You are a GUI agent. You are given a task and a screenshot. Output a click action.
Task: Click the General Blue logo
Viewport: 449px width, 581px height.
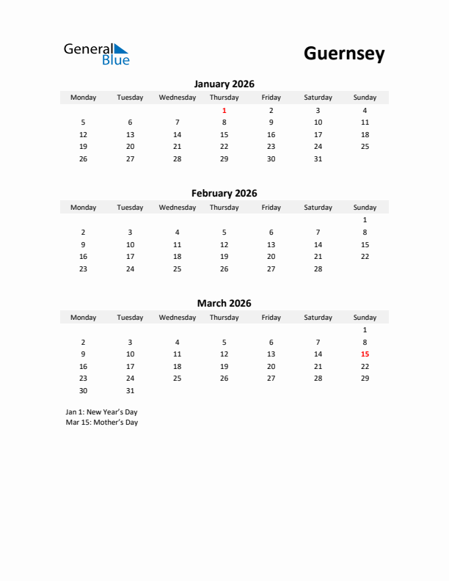[x=96, y=54]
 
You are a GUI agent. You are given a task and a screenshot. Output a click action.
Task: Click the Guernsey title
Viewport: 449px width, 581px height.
[x=343, y=54]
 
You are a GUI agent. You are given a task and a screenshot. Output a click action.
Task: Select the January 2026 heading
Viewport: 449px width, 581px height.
[x=224, y=84]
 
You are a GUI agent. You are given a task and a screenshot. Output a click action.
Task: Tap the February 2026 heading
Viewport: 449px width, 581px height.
[x=224, y=194]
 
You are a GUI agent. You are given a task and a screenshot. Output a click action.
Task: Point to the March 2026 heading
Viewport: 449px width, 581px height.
[x=224, y=303]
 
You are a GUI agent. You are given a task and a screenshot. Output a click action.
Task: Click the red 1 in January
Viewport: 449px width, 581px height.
[x=224, y=110]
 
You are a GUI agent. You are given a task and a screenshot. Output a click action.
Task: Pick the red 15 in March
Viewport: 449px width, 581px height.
[x=365, y=354]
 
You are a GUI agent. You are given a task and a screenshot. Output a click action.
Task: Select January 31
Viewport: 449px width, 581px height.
[x=318, y=158]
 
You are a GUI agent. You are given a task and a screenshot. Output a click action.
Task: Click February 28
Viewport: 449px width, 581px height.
[x=318, y=268]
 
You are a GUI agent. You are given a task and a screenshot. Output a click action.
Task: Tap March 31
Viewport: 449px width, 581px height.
[x=130, y=390]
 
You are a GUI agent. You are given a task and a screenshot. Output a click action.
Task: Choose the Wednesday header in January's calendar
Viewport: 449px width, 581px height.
[x=177, y=98]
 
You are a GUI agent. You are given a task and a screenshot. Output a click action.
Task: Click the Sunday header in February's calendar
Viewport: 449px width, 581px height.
[x=365, y=208]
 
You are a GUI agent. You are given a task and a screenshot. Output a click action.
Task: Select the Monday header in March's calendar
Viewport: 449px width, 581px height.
[x=83, y=318]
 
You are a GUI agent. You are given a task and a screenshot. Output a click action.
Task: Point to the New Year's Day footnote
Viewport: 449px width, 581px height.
[x=101, y=412]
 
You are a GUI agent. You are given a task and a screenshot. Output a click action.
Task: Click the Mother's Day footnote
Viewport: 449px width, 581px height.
[x=101, y=423]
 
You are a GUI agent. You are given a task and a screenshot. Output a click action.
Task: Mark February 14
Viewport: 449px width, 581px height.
[x=318, y=244]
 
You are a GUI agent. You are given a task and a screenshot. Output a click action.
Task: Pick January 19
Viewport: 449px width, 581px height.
[x=83, y=146]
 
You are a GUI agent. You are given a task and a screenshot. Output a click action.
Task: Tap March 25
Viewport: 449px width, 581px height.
[x=177, y=379]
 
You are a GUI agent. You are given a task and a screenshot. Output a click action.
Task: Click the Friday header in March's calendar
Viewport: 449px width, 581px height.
[x=271, y=318]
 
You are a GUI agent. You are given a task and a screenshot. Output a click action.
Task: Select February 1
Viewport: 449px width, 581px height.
[x=365, y=219]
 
